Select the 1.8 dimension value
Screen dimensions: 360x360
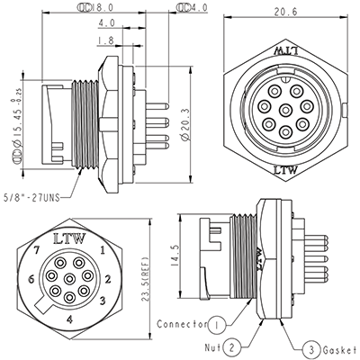105,40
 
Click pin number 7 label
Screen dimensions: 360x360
36,247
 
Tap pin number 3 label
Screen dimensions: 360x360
106,300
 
